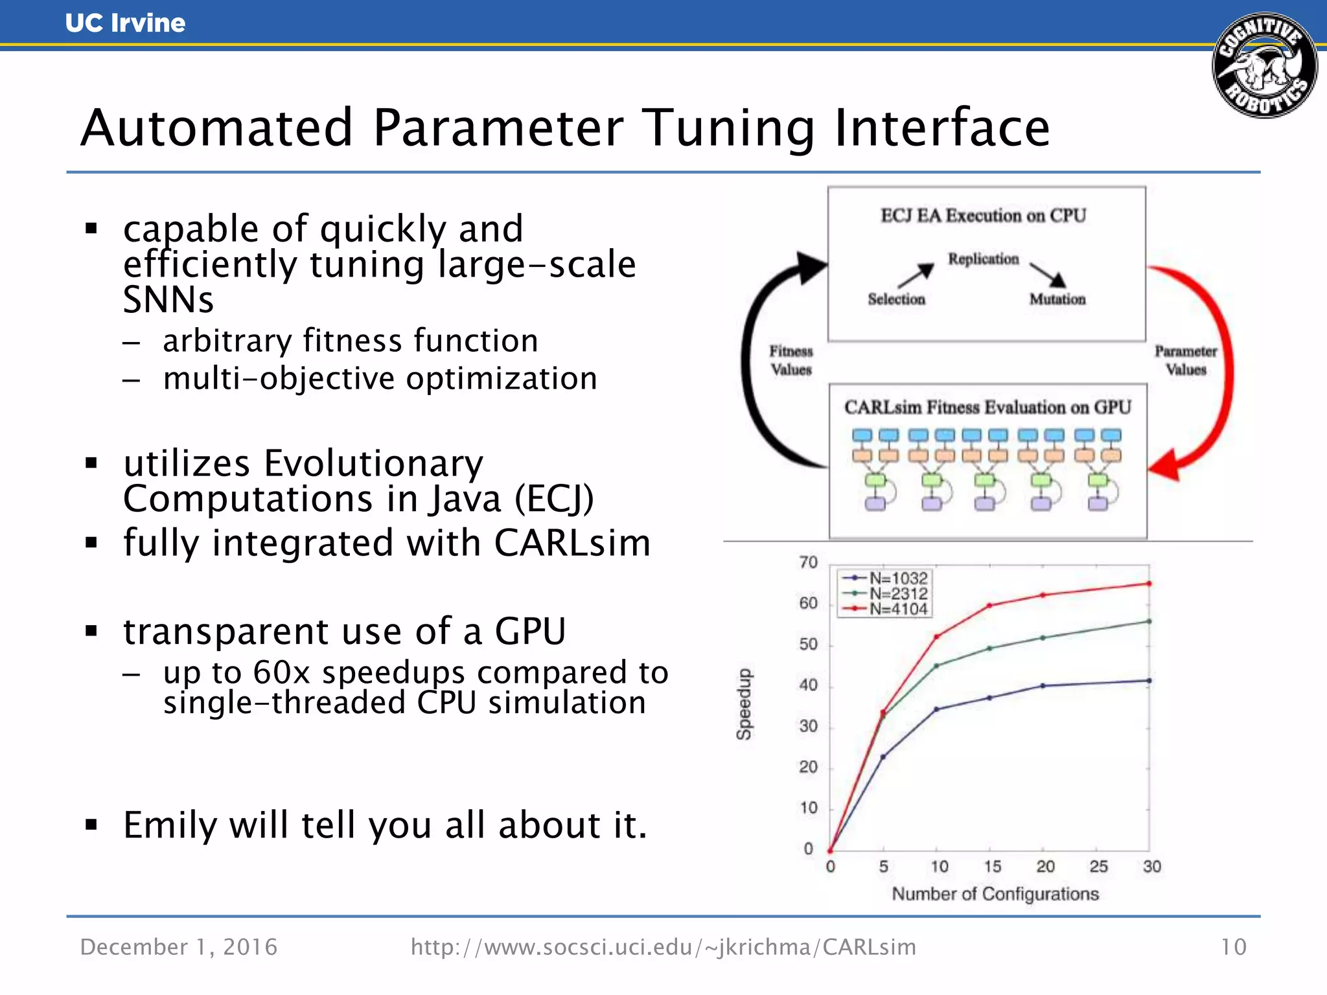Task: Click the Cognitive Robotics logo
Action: (x=1264, y=65)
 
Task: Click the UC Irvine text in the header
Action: (x=125, y=23)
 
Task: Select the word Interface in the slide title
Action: (x=942, y=128)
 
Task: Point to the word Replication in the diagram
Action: (x=983, y=259)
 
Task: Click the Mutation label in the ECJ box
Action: (x=1057, y=299)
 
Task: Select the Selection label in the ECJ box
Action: (x=896, y=299)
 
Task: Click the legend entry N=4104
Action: (x=898, y=609)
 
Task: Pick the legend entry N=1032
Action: (x=898, y=578)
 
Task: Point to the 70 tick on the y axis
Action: (x=808, y=562)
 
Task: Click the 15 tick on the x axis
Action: (x=992, y=867)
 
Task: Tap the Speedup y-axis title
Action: (x=744, y=704)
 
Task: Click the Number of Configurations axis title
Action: (x=995, y=894)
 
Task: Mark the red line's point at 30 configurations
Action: (x=1149, y=584)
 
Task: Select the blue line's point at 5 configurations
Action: (x=883, y=757)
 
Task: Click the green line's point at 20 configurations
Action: (x=1043, y=638)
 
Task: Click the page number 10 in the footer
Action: (x=1233, y=947)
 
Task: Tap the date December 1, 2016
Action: (x=179, y=947)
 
